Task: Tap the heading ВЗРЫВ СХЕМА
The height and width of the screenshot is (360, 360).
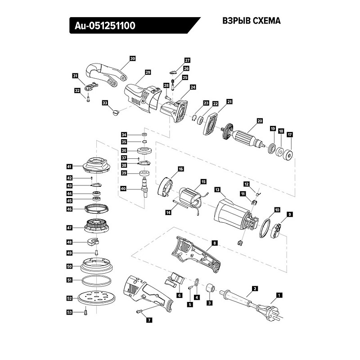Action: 252,21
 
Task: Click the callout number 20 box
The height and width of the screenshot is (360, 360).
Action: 259,121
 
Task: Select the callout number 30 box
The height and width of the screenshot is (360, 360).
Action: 132,58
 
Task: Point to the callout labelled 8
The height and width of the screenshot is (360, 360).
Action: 215,243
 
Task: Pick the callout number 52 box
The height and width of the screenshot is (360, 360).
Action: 69,298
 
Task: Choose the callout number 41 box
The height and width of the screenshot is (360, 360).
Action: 69,166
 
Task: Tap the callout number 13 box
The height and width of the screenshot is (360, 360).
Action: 217,190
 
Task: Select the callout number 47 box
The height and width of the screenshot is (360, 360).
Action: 69,228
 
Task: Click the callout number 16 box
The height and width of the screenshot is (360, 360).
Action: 180,169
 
